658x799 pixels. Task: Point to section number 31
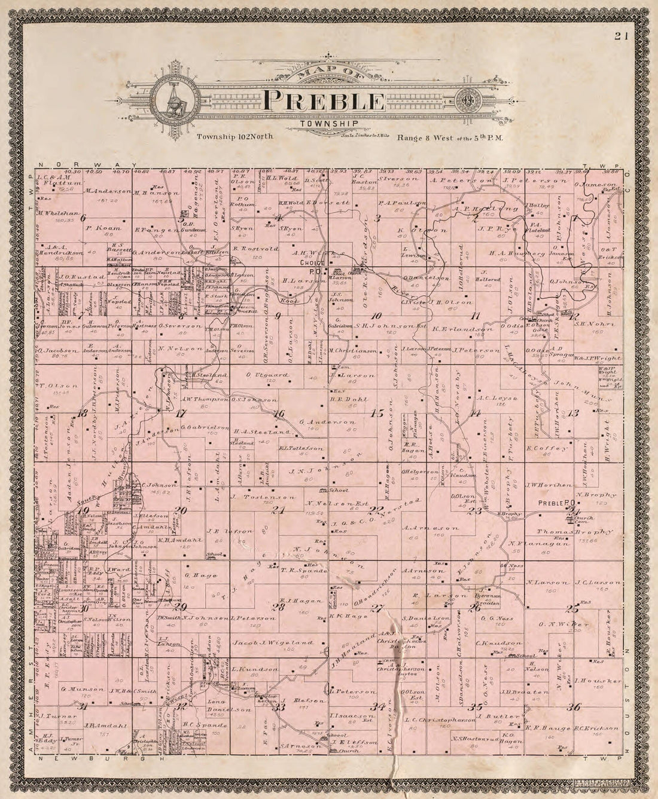coord(84,707)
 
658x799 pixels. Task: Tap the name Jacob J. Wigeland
coord(273,643)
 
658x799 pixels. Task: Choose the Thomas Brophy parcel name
coord(566,531)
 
